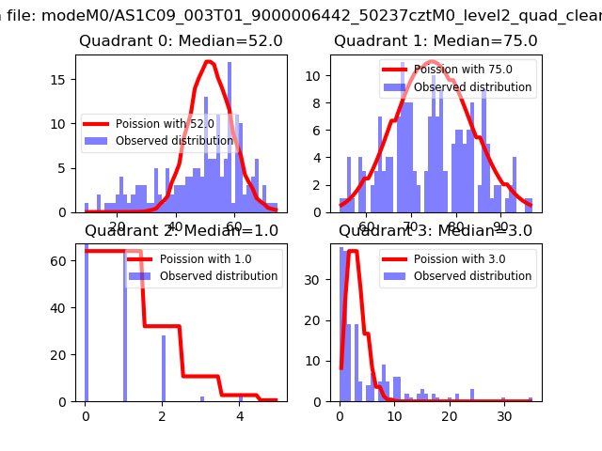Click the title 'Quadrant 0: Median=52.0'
pyautogui.click(x=181, y=41)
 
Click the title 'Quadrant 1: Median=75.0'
pyautogui.click(x=436, y=41)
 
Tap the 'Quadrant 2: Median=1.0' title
pyautogui.click(x=181, y=230)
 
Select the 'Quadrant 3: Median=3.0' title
pyautogui.click(x=436, y=230)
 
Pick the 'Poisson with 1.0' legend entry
pyautogui.click(x=205, y=259)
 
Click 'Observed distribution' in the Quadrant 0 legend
pyautogui.click(x=178, y=141)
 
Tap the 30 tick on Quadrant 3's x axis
pyautogui.click(x=504, y=415)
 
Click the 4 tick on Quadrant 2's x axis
pyautogui.click(x=240, y=415)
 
